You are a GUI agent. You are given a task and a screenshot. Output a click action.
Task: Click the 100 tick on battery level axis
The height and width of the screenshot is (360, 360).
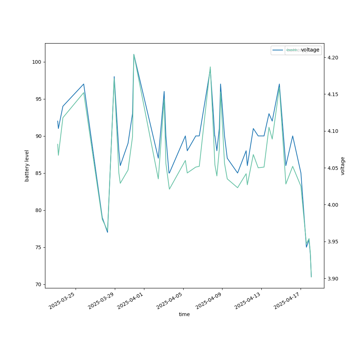click(x=37, y=62)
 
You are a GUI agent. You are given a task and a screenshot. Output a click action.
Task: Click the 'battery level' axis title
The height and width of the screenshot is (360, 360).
click(x=27, y=166)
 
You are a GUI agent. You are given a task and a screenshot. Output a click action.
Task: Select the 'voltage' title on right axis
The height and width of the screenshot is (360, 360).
click(x=343, y=166)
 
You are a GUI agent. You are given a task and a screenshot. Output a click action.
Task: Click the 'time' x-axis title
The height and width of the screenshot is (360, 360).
click(x=184, y=314)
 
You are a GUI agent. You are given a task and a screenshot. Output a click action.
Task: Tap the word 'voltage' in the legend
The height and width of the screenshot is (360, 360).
click(x=310, y=50)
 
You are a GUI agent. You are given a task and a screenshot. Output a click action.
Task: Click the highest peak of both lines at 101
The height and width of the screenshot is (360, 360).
click(x=134, y=54)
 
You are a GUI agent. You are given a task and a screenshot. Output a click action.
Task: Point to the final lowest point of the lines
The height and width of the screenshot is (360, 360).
click(x=311, y=276)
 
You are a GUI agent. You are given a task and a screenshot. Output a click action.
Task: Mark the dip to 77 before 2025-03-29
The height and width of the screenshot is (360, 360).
click(x=107, y=231)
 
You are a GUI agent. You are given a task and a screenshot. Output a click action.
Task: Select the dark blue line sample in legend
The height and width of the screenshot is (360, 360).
click(x=278, y=50)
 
